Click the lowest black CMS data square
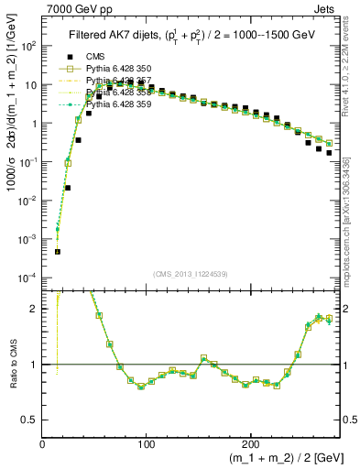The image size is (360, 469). point(57,251)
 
